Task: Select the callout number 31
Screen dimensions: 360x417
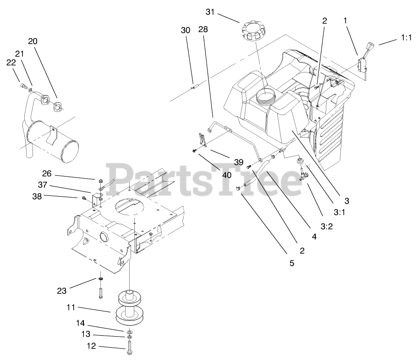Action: (x=210, y=12)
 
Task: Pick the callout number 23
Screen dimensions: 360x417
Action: (x=62, y=290)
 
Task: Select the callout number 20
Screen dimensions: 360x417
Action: (x=33, y=41)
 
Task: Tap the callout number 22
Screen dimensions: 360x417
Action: (x=11, y=63)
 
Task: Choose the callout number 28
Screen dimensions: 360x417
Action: (x=203, y=29)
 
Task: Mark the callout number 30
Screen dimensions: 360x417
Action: (x=185, y=30)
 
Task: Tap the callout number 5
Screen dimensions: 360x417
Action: (x=291, y=263)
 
